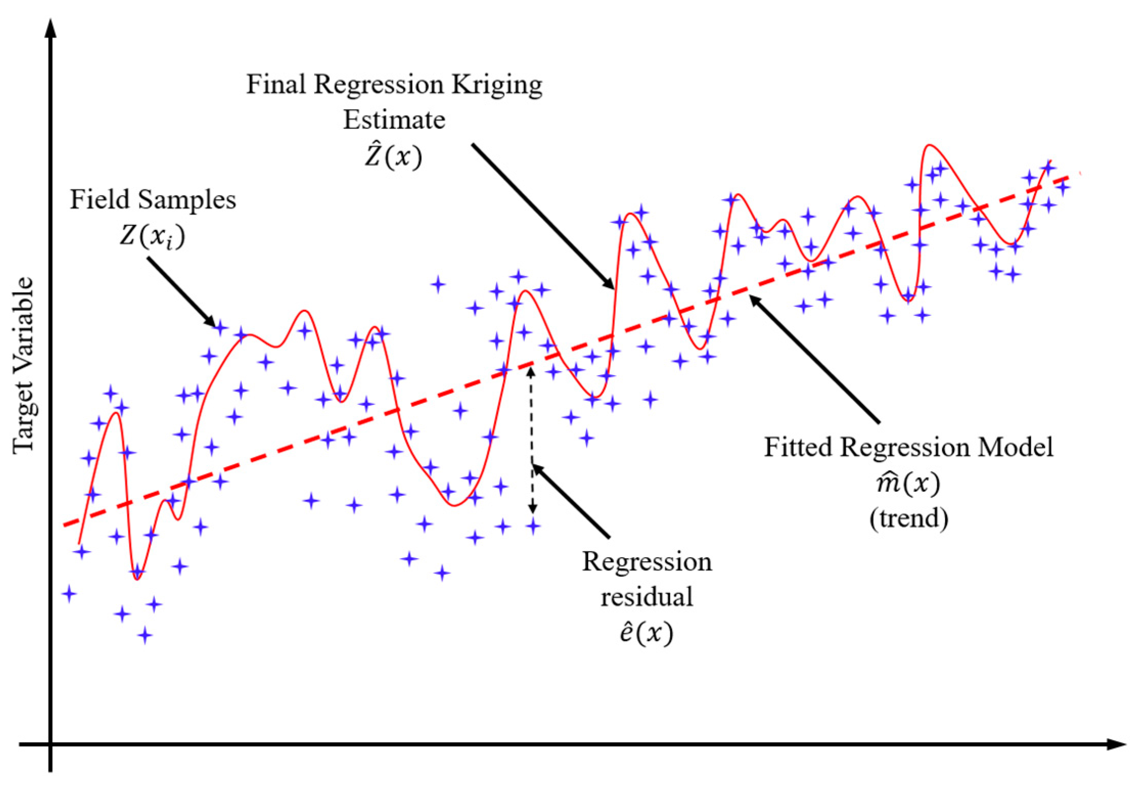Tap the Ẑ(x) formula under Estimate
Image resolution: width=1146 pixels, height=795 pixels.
393,156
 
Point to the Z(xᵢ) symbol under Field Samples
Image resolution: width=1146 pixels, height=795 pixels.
152,236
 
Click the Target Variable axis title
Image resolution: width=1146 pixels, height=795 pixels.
24,366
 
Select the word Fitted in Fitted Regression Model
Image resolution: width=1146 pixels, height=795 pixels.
798,447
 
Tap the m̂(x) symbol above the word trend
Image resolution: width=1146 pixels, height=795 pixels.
908,483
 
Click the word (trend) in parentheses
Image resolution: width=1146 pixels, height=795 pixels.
908,518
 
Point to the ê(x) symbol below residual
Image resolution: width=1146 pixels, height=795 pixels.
646,633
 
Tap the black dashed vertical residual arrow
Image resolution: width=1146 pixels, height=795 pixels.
532,440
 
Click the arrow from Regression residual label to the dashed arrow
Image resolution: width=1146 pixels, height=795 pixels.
571,501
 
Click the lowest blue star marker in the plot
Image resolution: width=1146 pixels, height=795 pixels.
145,635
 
